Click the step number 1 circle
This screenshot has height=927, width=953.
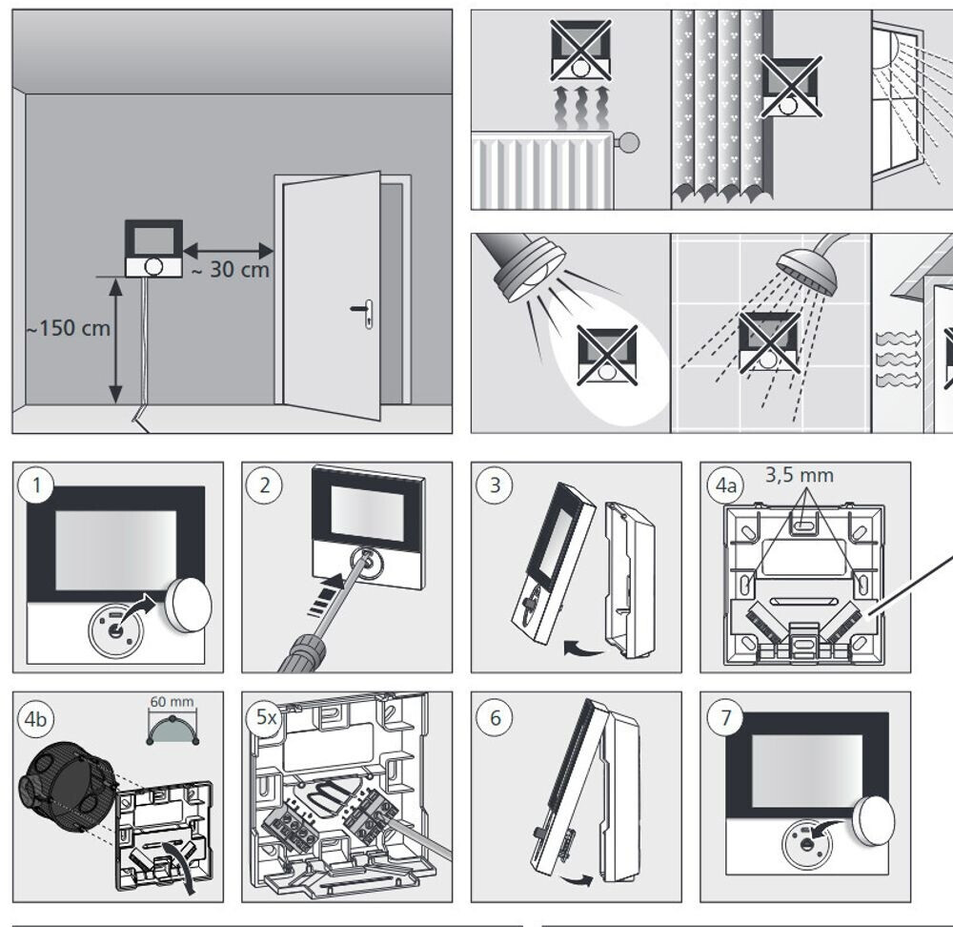tap(37, 485)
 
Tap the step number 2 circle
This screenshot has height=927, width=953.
tap(265, 485)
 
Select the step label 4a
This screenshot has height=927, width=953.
tap(726, 485)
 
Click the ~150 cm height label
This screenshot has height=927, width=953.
tap(68, 330)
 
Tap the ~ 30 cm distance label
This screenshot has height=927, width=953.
tap(231, 270)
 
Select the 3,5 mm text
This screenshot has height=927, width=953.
tap(799, 474)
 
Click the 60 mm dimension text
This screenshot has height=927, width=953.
tap(172, 702)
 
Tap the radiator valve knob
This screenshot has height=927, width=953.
tap(628, 143)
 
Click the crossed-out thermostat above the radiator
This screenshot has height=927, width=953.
tap(580, 50)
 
